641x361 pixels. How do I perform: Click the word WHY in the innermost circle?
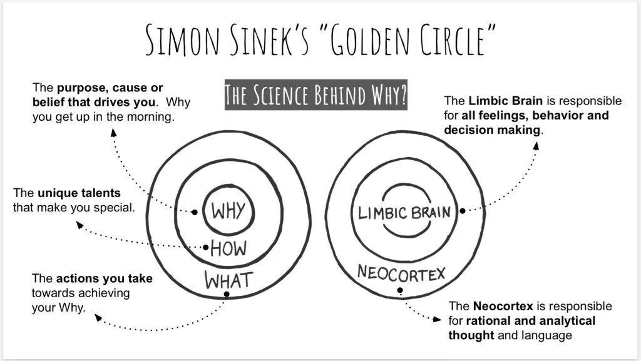coord(228,211)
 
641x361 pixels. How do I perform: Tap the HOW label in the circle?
coord(228,248)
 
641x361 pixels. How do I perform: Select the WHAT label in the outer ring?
coord(228,279)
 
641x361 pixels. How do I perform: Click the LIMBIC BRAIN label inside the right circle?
coord(404,213)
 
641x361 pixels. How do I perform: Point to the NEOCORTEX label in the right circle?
coord(401,273)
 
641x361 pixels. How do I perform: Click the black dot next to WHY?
coord(195,212)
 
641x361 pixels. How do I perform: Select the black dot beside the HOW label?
coord(206,247)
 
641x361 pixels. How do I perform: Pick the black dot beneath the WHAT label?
coord(227,293)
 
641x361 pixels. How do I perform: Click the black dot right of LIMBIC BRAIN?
coord(462,211)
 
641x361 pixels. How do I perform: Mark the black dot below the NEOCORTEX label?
coord(400,290)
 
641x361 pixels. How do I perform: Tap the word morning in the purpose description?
coord(150,116)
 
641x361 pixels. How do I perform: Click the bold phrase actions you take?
coord(105,278)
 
